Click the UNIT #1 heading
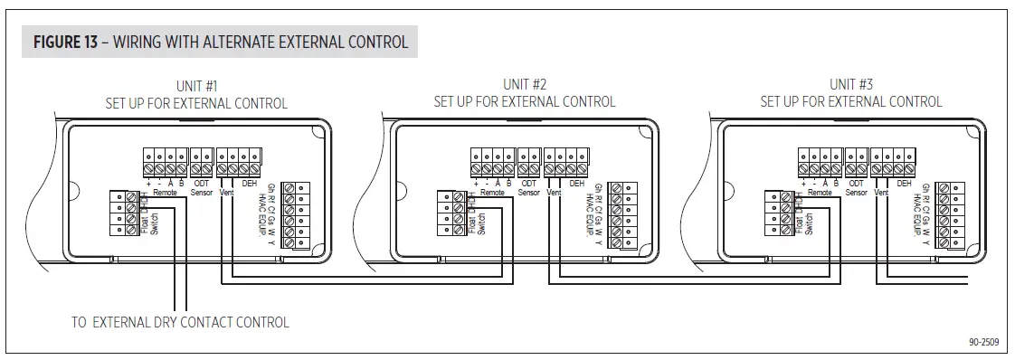196,86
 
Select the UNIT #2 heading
524,85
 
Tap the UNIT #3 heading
850,85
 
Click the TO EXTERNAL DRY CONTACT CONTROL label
180,322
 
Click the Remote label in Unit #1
164,192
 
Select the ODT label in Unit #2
530,184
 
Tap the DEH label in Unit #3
904,184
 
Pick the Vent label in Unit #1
226,192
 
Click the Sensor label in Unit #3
856,192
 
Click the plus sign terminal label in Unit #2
477,184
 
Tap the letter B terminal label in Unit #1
182,184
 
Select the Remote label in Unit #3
819,192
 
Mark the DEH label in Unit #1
250,184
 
